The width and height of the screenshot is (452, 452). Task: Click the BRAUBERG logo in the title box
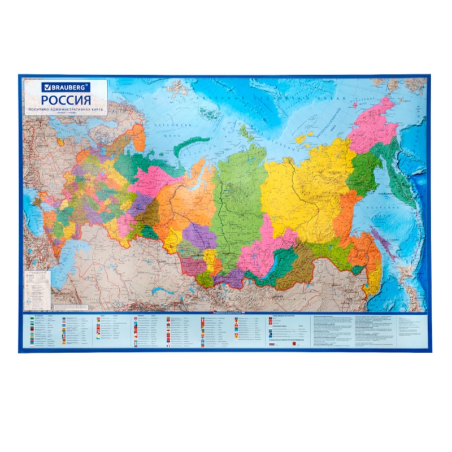pos(64,88)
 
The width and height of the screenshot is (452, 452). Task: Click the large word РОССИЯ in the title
pos(66,99)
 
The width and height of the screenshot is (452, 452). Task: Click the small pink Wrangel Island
pos(358,105)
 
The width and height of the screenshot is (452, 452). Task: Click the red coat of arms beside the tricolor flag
pos(295,344)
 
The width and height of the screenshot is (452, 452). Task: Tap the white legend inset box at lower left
pos(37,283)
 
